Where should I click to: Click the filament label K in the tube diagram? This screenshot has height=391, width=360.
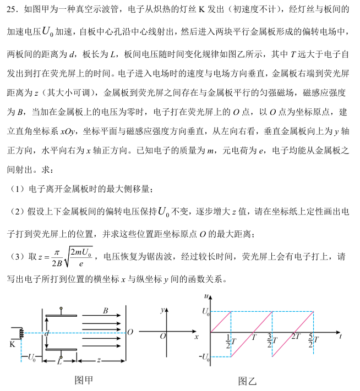pos(12,345)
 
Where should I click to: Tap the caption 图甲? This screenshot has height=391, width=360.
pos(84,379)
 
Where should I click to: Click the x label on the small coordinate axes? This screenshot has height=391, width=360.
pos(197,337)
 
